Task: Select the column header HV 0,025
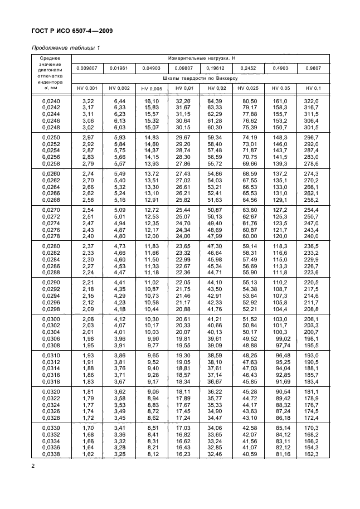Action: [248, 88]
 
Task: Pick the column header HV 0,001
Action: [87, 88]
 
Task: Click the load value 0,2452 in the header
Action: [248, 68]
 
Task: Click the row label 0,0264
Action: [52, 187]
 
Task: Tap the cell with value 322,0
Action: [313, 100]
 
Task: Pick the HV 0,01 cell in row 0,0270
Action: [183, 209]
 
